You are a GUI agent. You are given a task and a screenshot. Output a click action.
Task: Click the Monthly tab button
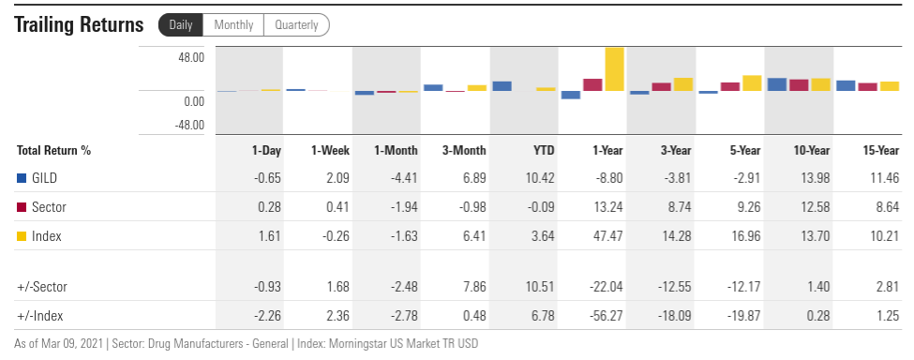tap(233, 25)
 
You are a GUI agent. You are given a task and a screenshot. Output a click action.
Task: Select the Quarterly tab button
tap(297, 25)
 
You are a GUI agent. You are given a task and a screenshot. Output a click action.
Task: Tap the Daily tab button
tap(181, 25)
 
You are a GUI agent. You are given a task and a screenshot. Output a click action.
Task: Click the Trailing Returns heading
tap(79, 25)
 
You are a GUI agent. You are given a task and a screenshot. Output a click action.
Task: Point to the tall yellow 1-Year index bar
tap(614, 68)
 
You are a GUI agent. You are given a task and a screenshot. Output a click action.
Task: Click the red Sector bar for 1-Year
tap(592, 84)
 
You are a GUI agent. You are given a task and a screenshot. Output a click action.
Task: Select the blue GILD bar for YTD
tap(502, 86)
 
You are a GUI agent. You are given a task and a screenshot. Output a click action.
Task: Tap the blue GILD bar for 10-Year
tap(777, 84)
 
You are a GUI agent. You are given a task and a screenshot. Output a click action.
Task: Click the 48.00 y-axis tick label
tap(190, 58)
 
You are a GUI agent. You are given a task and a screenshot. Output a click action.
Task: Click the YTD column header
tap(544, 150)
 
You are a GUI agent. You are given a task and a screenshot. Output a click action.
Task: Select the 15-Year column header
tap(881, 150)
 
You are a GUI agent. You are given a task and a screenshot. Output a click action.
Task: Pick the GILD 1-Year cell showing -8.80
tap(608, 178)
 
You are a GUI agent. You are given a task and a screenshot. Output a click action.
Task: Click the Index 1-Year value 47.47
tap(608, 236)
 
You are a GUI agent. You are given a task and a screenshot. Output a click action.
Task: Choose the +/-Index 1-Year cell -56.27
tap(606, 316)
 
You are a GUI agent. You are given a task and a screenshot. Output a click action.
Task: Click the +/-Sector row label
tap(42, 287)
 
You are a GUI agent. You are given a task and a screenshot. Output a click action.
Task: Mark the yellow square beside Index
tap(22, 236)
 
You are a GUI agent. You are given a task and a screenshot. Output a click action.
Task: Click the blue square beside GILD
tap(22, 178)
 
